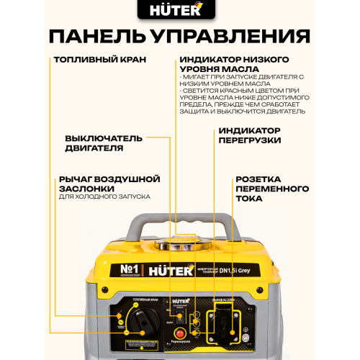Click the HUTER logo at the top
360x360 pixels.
coord(180,12)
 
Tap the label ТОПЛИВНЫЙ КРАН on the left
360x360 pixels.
coord(102,61)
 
